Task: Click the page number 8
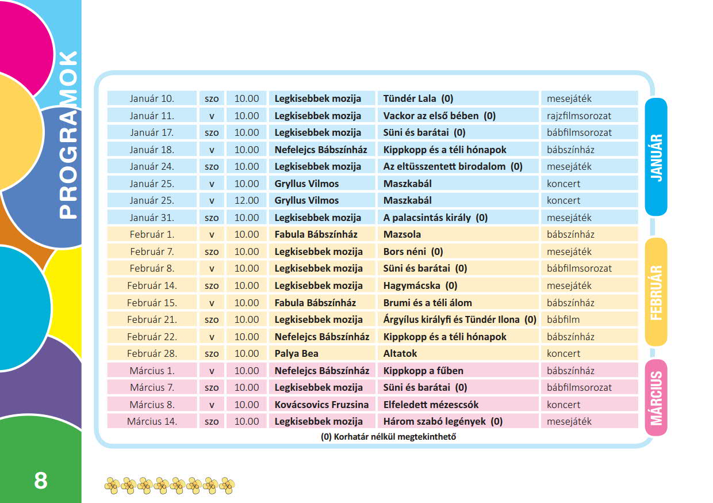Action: click(x=40, y=480)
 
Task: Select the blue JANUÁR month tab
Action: click(x=656, y=157)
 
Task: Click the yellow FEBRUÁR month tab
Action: click(x=656, y=292)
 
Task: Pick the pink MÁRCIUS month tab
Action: click(x=656, y=398)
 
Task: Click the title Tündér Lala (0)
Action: click(x=418, y=98)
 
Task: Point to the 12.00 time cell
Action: click(x=247, y=200)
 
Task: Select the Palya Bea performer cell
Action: click(x=296, y=353)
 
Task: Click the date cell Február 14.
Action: click(x=153, y=285)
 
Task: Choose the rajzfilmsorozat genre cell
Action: click(x=579, y=116)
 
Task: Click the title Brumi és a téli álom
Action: click(x=427, y=303)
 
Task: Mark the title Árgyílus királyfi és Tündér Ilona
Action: click(x=459, y=319)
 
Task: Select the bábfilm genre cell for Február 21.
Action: click(x=563, y=319)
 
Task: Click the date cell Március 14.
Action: click(x=153, y=421)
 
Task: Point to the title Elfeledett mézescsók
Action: click(x=431, y=405)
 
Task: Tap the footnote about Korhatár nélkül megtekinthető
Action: click(x=388, y=437)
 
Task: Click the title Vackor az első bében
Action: click(x=439, y=116)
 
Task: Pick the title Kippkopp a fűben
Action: click(x=423, y=371)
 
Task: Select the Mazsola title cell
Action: click(x=402, y=234)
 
